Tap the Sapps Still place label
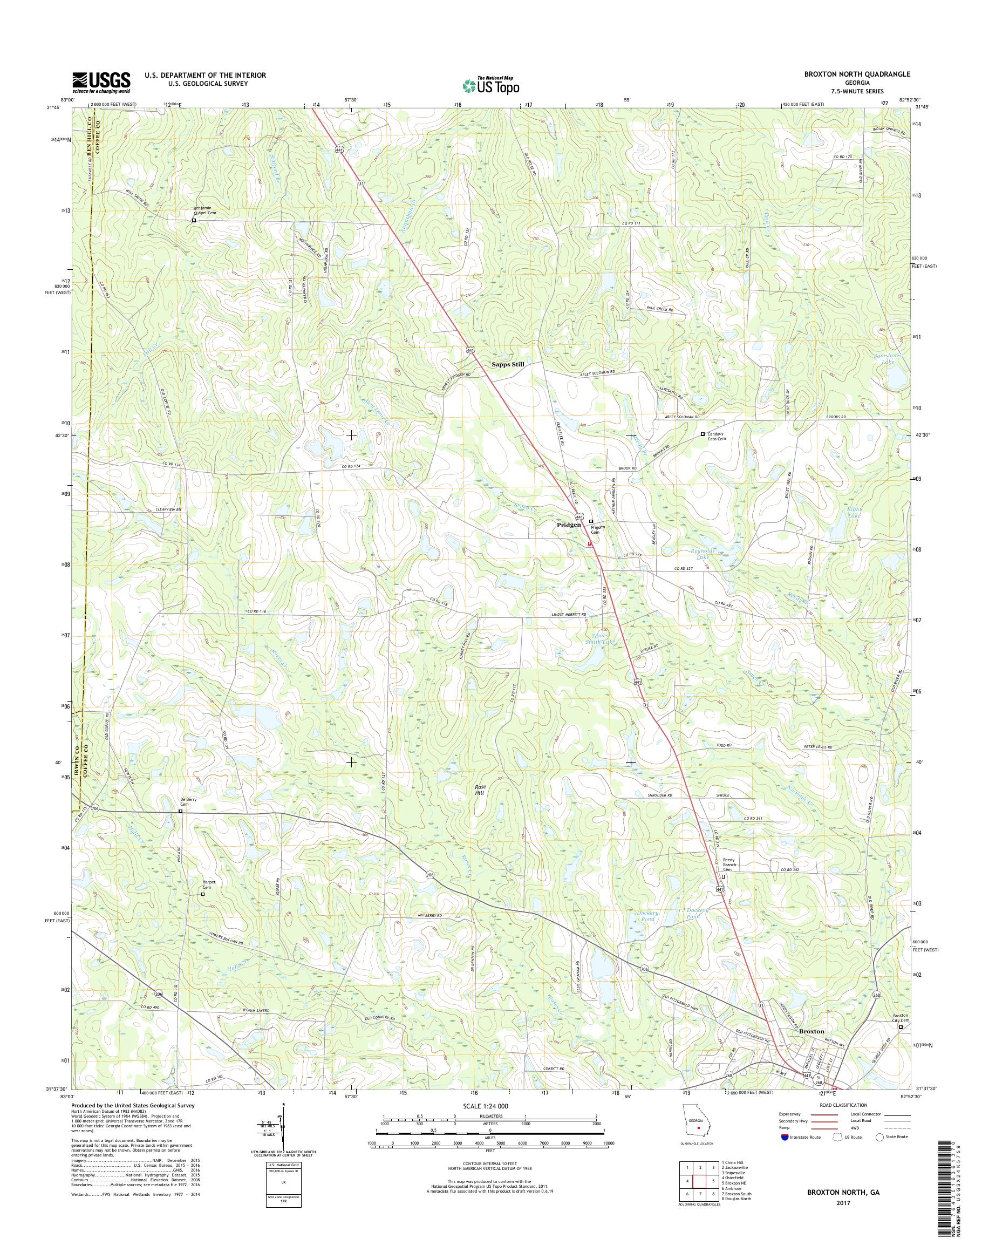tap(508, 364)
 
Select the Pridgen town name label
tap(568, 525)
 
